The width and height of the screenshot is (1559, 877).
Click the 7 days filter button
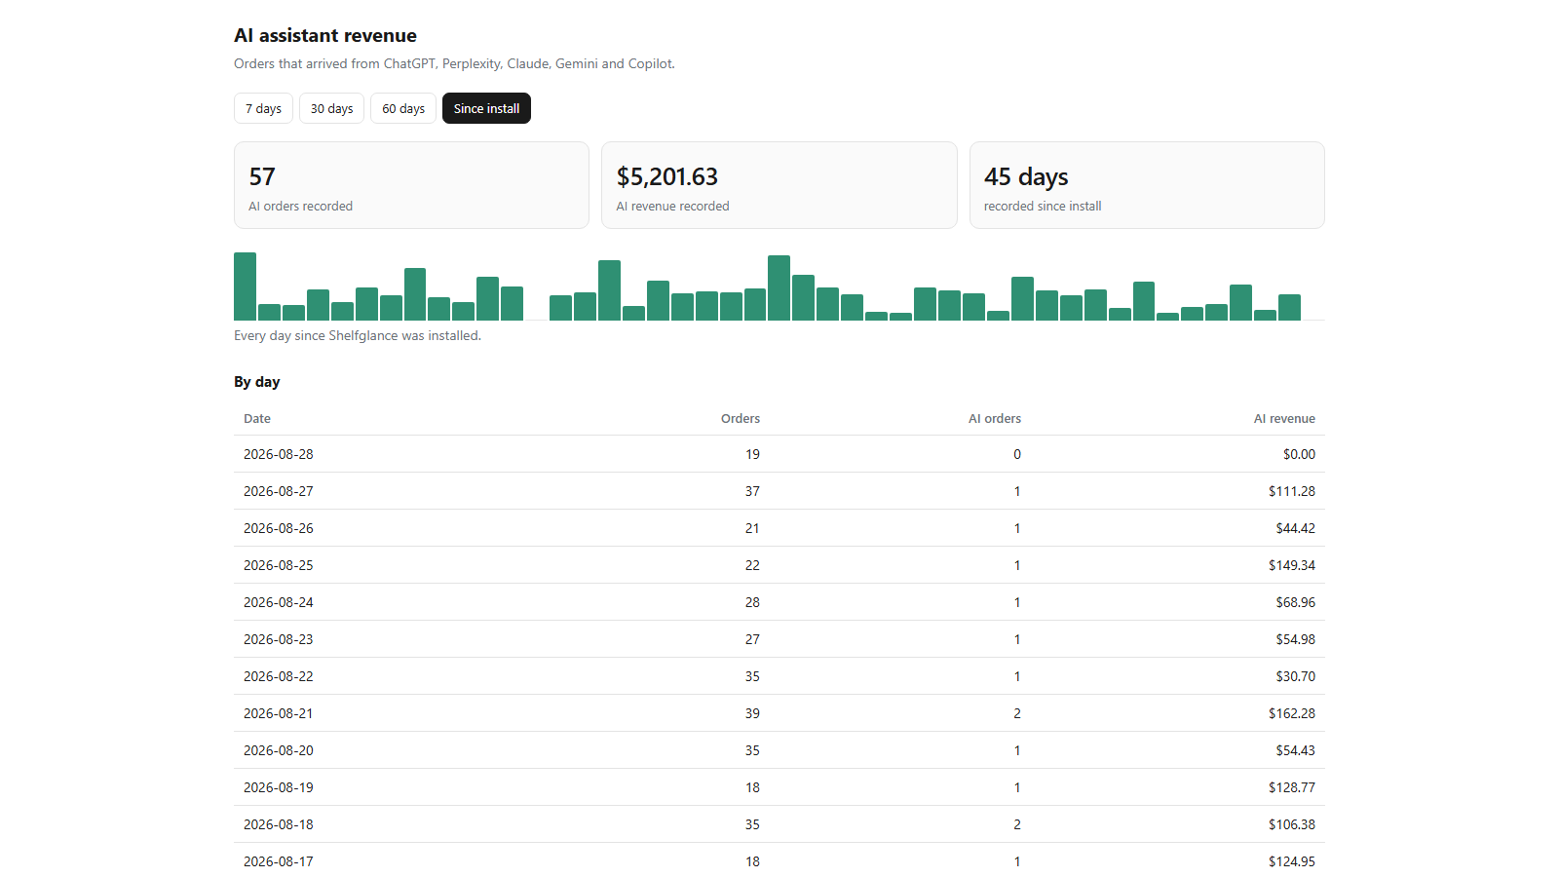[x=263, y=108]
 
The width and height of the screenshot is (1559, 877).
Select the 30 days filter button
[x=331, y=108]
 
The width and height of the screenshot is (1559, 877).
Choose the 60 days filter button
[x=403, y=108]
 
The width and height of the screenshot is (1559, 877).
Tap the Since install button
[x=486, y=108]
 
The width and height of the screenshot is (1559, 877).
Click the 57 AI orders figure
[x=262, y=176]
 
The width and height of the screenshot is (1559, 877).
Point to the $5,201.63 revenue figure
[x=666, y=176]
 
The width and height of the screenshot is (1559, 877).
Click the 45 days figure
[x=1026, y=176]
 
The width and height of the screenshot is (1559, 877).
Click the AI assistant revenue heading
[x=325, y=35]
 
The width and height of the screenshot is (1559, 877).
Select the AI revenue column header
[x=1284, y=418]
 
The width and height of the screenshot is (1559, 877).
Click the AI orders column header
[x=995, y=418]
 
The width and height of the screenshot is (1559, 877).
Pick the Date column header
[x=257, y=418]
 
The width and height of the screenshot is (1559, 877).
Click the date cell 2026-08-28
[x=279, y=454]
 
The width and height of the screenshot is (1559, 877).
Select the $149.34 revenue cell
[x=1292, y=565]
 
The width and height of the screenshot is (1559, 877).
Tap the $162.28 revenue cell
[x=1292, y=713]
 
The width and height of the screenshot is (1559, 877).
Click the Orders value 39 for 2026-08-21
[x=752, y=713]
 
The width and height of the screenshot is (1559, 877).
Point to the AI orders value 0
[x=1017, y=454]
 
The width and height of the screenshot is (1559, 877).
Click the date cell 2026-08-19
[x=279, y=787]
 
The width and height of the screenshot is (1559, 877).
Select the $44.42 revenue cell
[x=1295, y=528]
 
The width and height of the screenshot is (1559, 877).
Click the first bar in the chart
[x=245, y=286]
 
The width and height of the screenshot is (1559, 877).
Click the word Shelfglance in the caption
[x=362, y=335]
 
